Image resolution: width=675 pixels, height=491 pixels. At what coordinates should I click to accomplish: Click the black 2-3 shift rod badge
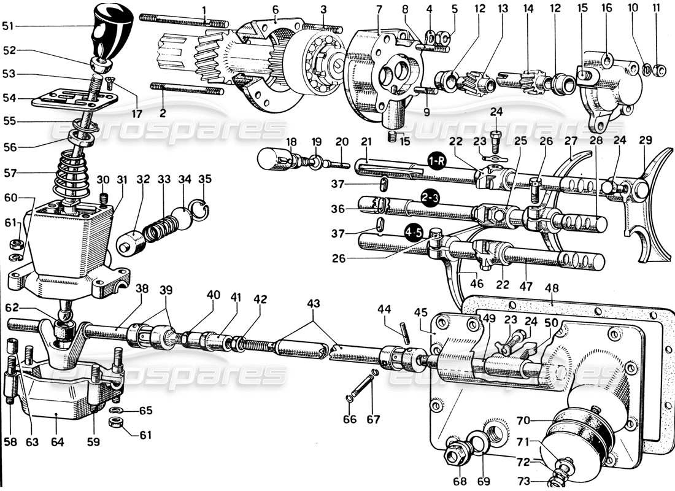[x=430, y=198]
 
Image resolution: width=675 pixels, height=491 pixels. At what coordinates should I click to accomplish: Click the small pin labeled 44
[x=405, y=330]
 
